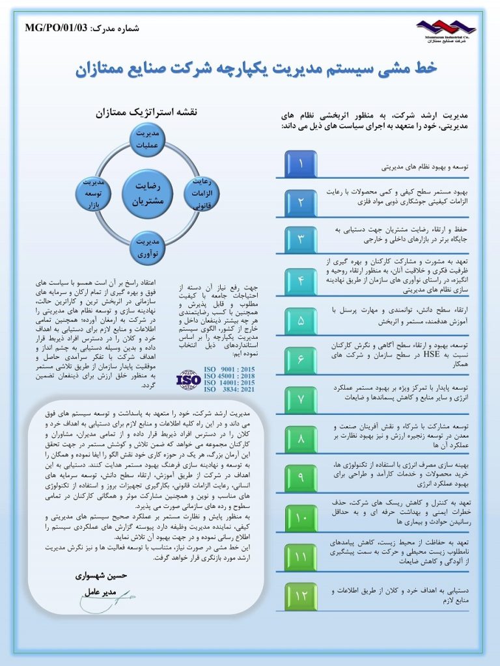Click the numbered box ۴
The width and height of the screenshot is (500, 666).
point(301,280)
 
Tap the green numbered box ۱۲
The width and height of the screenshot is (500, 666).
point(301,596)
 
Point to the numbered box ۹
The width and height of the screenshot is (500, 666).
point(301,477)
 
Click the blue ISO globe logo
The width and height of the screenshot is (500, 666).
point(189,378)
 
